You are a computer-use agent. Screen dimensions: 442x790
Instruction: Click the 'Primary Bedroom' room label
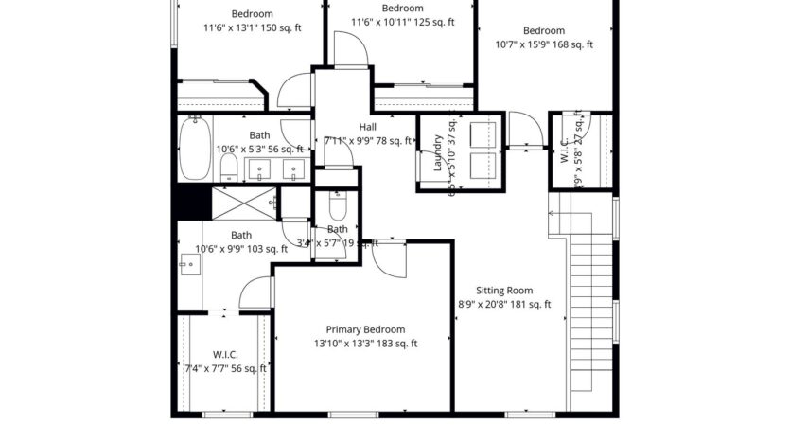(x=365, y=329)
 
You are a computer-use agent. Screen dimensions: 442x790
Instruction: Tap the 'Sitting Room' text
(x=503, y=291)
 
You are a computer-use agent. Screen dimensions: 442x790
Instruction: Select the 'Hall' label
(x=367, y=127)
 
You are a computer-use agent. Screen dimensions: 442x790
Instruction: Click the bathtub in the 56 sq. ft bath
(x=196, y=148)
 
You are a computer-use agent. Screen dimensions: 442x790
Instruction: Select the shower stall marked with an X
(x=244, y=202)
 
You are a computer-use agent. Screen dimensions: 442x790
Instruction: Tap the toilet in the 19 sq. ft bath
(x=339, y=205)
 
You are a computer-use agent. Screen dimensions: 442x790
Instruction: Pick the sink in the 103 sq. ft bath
(x=186, y=266)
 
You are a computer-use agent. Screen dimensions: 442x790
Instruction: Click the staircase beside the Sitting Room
(x=590, y=293)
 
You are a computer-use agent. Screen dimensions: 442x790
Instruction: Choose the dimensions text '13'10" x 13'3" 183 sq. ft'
(x=365, y=344)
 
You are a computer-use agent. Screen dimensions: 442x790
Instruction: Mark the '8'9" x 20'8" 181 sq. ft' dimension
(x=503, y=305)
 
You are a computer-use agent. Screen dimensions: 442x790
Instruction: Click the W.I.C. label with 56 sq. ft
(x=224, y=354)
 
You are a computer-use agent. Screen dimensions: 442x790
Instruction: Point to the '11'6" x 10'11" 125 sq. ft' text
(x=399, y=22)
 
